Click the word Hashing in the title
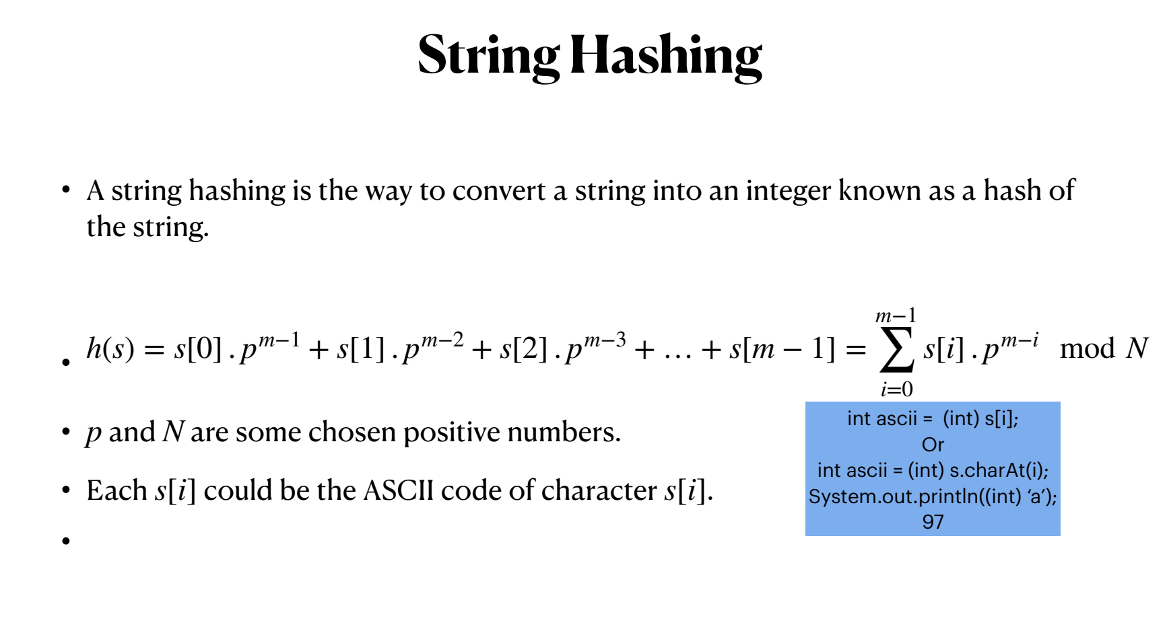click(666, 56)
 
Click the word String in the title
click(488, 56)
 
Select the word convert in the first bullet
click(498, 191)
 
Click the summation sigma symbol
click(896, 349)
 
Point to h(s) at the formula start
click(110, 348)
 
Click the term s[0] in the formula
click(197, 348)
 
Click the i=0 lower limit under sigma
click(896, 389)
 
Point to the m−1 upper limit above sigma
click(896, 315)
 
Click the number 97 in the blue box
click(933, 522)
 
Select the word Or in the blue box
click(933, 445)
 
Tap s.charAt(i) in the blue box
click(997, 470)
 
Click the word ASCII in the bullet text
click(398, 490)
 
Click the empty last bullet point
click(66, 541)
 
